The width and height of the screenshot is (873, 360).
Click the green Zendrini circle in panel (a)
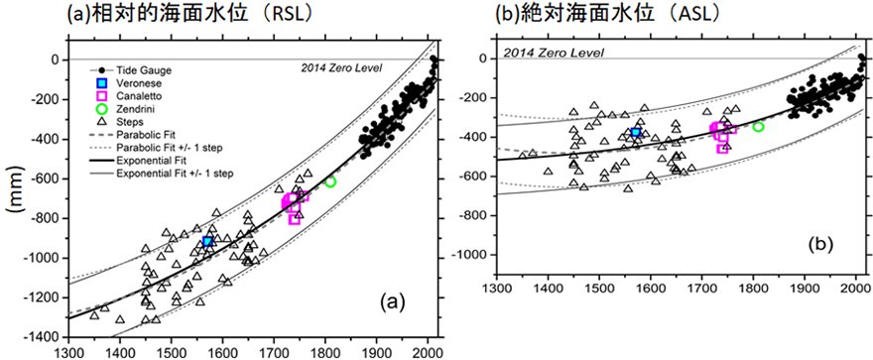click(330, 181)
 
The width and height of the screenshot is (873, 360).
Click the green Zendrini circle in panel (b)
click(758, 126)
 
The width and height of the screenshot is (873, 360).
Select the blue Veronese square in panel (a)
click(207, 241)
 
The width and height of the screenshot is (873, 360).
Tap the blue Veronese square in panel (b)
click(635, 132)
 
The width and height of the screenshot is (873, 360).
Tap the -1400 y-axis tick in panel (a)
click(46, 337)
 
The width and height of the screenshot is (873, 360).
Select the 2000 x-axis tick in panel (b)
click(855, 292)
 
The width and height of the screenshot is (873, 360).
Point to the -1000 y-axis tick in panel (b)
click(472, 255)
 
